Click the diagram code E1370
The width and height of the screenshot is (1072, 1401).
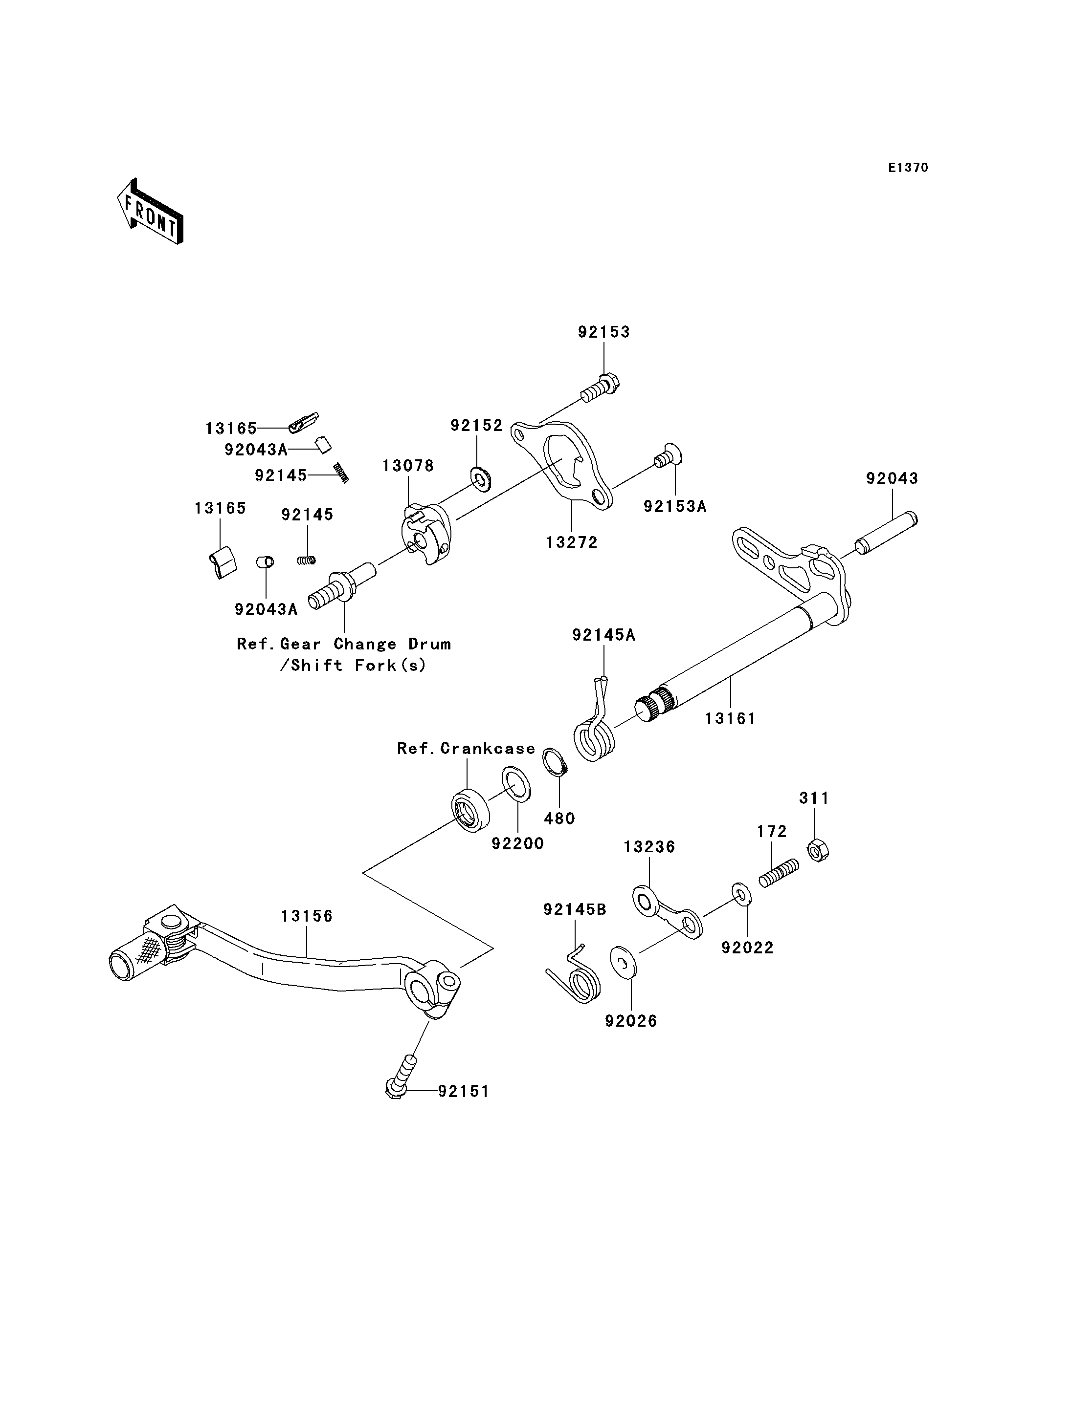tap(908, 168)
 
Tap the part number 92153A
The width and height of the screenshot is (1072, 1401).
tap(675, 506)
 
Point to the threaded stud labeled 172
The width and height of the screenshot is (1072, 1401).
tap(779, 873)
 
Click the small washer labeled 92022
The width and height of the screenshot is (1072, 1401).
tap(741, 895)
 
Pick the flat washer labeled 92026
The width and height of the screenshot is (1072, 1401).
tap(623, 964)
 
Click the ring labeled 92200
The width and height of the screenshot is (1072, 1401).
tap(515, 784)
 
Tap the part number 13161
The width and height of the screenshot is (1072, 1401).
tap(730, 719)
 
